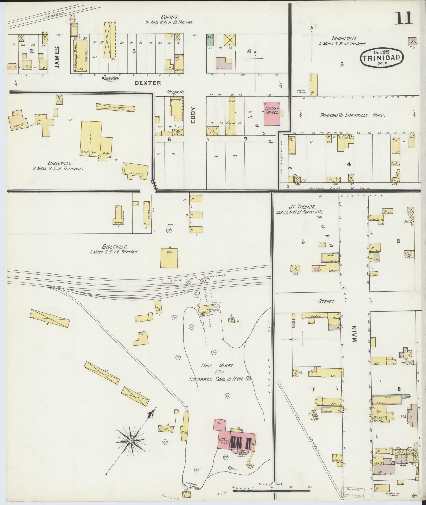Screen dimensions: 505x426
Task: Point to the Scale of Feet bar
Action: (x=271, y=491)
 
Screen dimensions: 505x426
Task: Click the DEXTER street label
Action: (x=148, y=83)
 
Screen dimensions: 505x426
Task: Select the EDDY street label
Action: (x=193, y=116)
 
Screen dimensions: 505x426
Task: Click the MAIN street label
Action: (x=354, y=334)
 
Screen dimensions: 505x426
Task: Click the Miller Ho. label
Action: (x=175, y=92)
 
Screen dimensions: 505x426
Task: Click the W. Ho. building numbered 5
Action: (x=169, y=258)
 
